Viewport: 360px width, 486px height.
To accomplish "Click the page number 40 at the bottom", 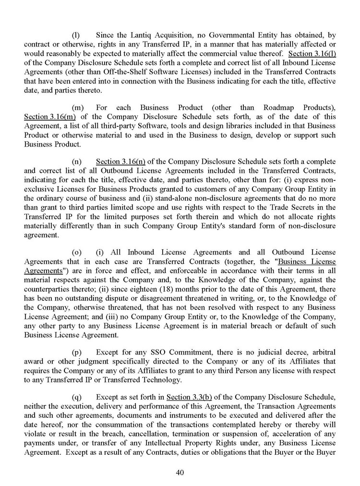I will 180,472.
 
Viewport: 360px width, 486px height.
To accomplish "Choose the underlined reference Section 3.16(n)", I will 121,161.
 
